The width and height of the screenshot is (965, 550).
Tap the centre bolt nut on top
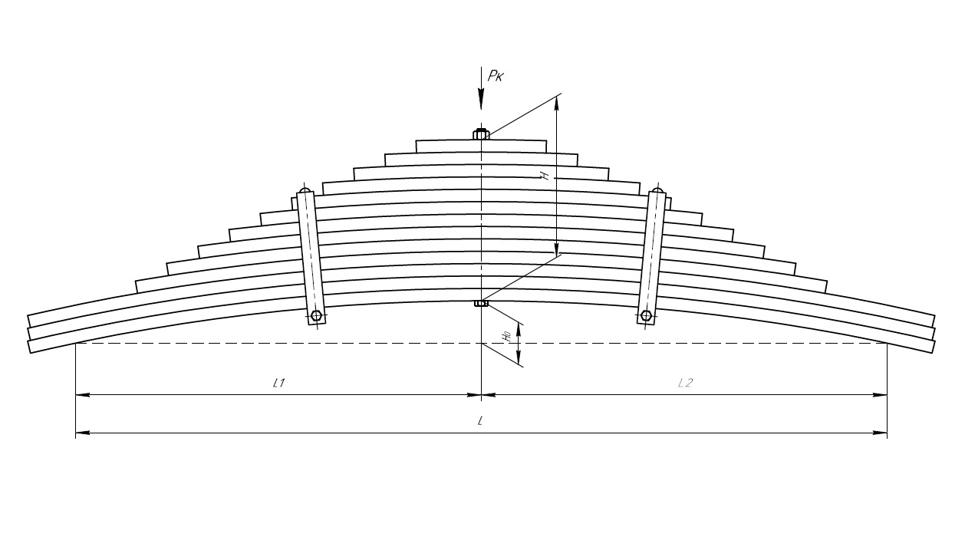481,135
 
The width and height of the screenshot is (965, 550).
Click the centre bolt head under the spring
481,303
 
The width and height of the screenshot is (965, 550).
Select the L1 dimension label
279,382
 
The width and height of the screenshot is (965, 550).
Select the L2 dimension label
685,382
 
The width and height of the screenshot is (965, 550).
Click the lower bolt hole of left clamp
316,315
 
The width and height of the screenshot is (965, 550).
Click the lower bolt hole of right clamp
646,315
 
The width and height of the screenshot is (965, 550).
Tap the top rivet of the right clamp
657,189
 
